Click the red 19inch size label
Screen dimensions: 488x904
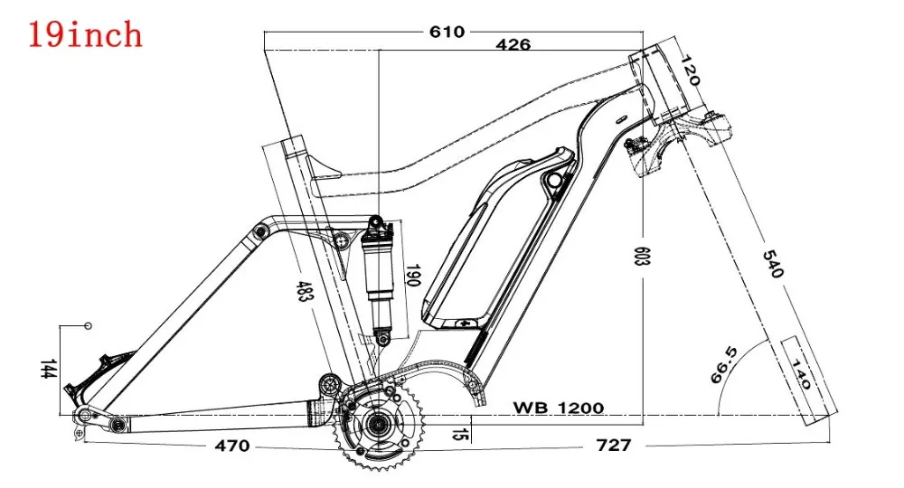tap(85, 33)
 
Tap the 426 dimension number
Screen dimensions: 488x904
tap(511, 44)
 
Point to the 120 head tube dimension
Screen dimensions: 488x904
tap(690, 68)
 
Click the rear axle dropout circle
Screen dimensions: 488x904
tap(83, 416)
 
